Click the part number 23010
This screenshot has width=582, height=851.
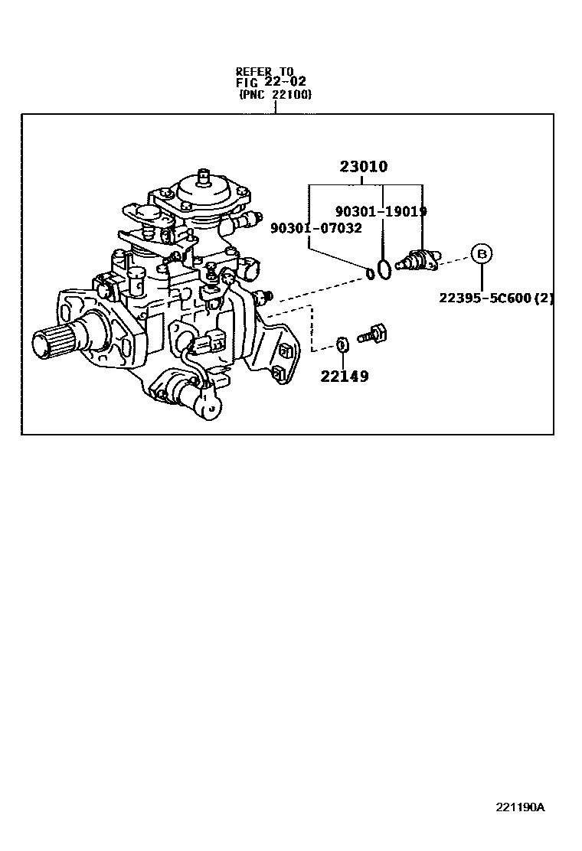[365, 167]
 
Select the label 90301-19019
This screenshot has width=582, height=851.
[381, 211]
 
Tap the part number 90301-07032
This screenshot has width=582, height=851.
[316, 227]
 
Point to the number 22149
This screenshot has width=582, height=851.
[344, 376]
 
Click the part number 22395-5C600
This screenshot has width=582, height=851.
[485, 298]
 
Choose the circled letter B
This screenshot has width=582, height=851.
[481, 253]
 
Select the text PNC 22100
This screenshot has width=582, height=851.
[275, 95]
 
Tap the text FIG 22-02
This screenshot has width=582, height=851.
[264, 83]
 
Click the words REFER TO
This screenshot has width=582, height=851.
[264, 72]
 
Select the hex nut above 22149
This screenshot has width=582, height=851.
[343, 345]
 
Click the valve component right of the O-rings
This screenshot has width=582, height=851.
[417, 259]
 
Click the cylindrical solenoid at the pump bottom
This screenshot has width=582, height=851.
[191, 396]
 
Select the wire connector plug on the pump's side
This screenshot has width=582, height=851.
[211, 343]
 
